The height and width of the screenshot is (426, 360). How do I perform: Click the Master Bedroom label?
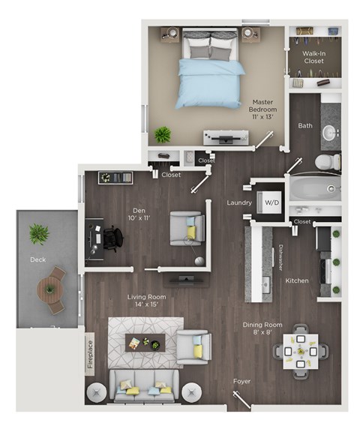[x=263, y=109]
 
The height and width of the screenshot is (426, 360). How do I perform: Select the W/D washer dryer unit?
[x=269, y=202]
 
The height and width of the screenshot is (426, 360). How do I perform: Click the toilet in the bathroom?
[x=328, y=162]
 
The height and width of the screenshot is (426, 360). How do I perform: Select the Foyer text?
[x=241, y=382]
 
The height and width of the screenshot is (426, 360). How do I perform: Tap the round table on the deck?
[x=50, y=286]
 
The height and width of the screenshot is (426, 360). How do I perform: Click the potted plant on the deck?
[x=38, y=235]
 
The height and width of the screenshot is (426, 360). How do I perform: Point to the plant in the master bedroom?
[x=162, y=135]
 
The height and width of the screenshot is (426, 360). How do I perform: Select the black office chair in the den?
[x=112, y=239]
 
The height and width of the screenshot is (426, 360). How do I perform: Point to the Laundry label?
[x=238, y=203]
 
